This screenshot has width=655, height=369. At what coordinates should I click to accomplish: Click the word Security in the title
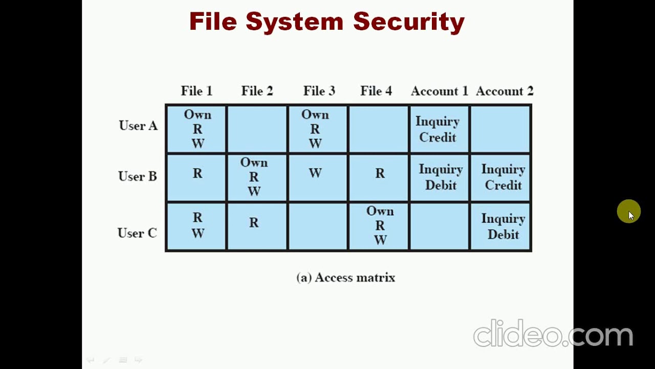pos(408,22)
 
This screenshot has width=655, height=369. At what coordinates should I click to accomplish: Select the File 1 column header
pos(196,91)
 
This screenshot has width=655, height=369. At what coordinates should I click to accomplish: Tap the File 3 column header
pos(319,91)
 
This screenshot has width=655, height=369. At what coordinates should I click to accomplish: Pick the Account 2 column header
pos(505,91)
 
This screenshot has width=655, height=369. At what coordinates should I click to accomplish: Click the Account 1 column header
pos(439,91)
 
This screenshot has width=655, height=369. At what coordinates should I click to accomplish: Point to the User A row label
pos(138,126)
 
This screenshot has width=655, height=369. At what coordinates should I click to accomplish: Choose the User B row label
pos(138,176)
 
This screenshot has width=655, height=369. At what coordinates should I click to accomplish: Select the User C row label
pos(137,233)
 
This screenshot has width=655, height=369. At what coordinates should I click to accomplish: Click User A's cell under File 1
pos(197,129)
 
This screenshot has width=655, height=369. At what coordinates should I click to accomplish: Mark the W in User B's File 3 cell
pos(315,173)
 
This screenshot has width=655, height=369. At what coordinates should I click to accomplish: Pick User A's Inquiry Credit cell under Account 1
pos(438,129)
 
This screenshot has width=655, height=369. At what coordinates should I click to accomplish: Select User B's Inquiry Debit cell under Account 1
pos(440,177)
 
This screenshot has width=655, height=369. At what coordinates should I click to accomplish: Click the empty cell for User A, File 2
pos(257,129)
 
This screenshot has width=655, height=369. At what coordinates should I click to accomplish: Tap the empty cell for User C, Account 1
pos(439,227)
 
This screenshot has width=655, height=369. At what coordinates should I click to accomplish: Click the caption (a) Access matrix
pos(346,278)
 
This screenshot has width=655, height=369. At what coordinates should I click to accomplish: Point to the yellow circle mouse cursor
pos(628,211)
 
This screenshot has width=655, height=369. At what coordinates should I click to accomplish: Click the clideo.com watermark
pos(553,334)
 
